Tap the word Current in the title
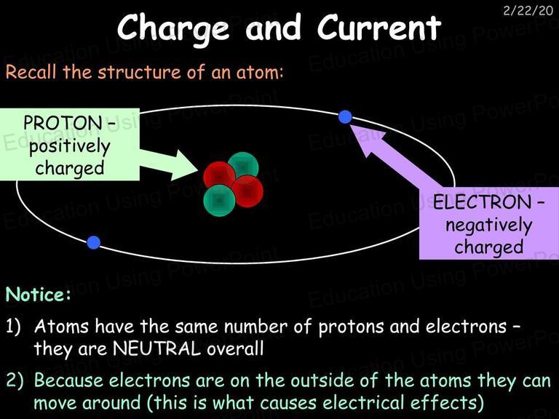(379, 28)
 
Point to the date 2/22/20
(528, 10)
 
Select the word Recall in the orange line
(31, 71)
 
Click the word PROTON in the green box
(63, 123)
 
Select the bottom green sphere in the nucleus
(219, 200)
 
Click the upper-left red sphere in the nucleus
(218, 175)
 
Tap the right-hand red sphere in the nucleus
(247, 191)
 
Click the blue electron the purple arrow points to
(345, 117)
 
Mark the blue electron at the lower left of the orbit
(93, 242)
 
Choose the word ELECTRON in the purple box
(482, 202)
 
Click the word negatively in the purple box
(489, 226)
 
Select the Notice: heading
(38, 295)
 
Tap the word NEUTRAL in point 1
(156, 349)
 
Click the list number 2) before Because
(15, 380)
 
